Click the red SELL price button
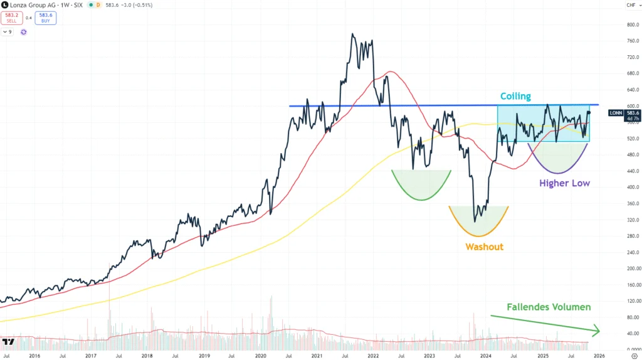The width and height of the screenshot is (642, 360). click(x=11, y=18)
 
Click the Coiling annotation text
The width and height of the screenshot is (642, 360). click(x=515, y=97)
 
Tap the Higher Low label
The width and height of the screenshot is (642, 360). click(x=564, y=183)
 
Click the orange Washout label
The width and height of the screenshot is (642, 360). click(x=484, y=246)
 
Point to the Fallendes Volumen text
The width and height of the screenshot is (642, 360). click(x=549, y=307)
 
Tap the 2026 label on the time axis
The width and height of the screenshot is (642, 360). click(x=599, y=355)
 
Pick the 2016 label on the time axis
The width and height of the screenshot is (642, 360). click(x=34, y=355)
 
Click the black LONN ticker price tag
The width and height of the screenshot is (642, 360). click(x=616, y=114)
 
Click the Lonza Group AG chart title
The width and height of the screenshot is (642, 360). click(x=34, y=6)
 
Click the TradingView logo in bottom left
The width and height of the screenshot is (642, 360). click(x=9, y=342)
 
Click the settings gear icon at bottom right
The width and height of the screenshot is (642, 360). click(x=634, y=355)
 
